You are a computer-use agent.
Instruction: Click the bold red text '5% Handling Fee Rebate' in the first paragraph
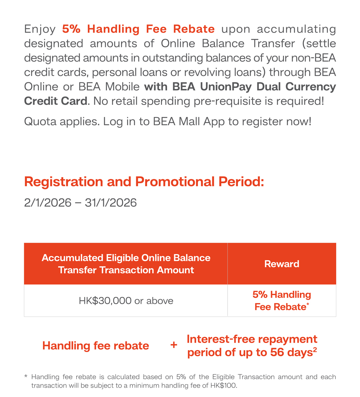[x=138, y=29]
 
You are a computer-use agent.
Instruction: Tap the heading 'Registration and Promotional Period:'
[x=144, y=182]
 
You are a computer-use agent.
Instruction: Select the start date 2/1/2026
[x=48, y=203]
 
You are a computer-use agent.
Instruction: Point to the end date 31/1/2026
[x=111, y=203]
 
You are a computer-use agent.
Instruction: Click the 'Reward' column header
[x=282, y=264]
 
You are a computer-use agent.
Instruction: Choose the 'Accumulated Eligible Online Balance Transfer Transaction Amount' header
[x=126, y=264]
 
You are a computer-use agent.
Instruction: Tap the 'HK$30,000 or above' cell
[x=126, y=301]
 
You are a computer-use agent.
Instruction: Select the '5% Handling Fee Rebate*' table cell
[x=282, y=301]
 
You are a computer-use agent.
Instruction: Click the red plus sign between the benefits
[x=174, y=345]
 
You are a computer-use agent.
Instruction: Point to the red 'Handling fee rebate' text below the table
[x=95, y=346]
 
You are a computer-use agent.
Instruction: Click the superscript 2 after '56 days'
[x=315, y=349]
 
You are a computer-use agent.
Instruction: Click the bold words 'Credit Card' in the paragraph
[x=55, y=101]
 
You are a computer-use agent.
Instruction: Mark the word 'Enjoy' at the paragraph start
[x=40, y=29]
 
